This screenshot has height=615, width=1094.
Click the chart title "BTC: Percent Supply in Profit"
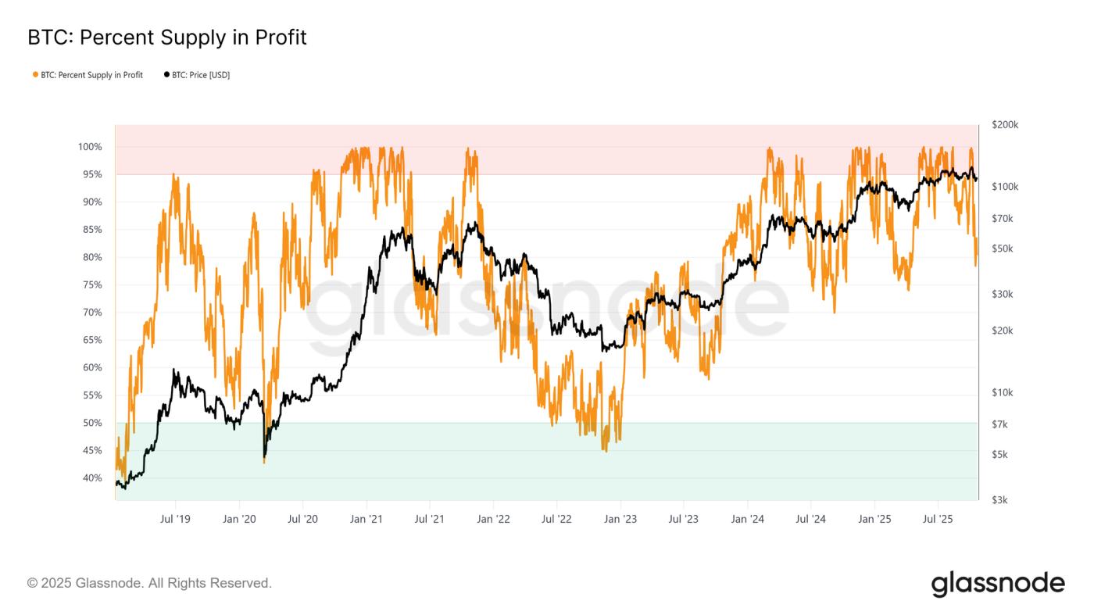(x=166, y=37)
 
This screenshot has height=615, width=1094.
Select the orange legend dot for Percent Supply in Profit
(x=35, y=75)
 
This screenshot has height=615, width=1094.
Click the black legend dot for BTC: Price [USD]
(x=166, y=75)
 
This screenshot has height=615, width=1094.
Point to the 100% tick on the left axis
(x=90, y=147)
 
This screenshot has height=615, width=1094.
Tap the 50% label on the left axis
(x=91, y=423)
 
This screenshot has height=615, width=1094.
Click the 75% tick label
(x=91, y=285)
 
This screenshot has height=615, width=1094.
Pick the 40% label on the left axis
(x=91, y=478)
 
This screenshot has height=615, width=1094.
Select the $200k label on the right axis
(x=1004, y=125)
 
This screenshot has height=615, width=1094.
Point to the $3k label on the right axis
(x=1000, y=500)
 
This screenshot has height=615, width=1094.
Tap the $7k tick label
(x=1000, y=424)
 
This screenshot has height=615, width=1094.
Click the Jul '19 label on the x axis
(x=175, y=519)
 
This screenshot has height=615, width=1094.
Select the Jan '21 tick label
(x=366, y=519)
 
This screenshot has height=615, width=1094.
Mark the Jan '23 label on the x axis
(x=620, y=519)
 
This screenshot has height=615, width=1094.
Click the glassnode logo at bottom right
(x=997, y=584)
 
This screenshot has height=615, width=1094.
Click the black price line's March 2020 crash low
(x=264, y=456)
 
